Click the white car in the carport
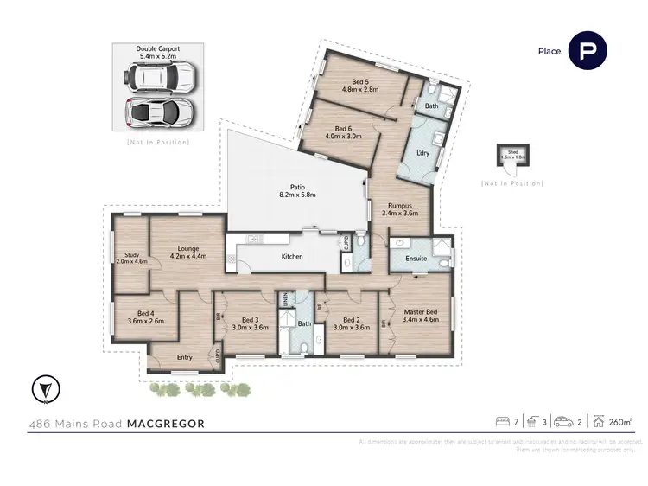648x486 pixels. point(161,80)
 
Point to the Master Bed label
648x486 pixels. point(421,315)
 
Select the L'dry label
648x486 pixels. point(423,153)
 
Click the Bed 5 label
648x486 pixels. point(360,84)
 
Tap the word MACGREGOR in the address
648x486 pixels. point(167,424)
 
